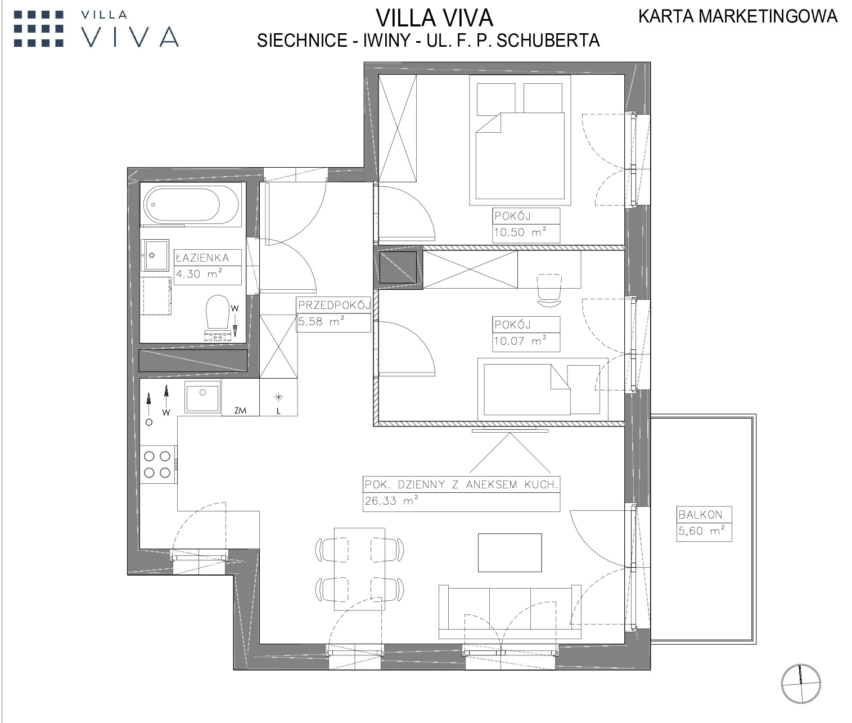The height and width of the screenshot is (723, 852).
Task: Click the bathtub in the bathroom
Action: [x=191, y=205]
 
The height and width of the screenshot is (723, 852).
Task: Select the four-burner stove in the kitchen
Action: [x=159, y=464]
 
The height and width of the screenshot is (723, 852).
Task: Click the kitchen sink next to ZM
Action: [x=202, y=397]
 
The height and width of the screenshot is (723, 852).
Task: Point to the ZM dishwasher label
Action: [x=240, y=410]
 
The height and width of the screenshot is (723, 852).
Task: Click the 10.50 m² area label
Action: [x=520, y=232]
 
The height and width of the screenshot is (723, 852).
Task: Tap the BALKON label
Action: [x=700, y=515]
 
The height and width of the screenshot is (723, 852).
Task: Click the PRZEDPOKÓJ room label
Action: [x=334, y=305]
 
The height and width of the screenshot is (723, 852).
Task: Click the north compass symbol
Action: [x=801, y=684]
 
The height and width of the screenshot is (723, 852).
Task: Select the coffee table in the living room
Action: [x=510, y=553]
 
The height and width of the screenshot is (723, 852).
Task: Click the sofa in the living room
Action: [x=510, y=612]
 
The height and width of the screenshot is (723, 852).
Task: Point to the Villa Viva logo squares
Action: [x=38, y=29]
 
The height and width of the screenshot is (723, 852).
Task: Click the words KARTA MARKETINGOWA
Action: [x=738, y=16]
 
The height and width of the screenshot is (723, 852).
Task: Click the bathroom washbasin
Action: [x=155, y=255]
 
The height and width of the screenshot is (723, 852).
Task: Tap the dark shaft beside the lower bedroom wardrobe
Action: [x=398, y=267]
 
